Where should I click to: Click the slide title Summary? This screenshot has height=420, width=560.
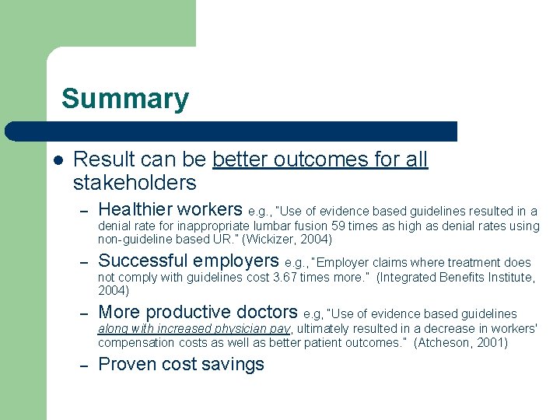(x=124, y=99)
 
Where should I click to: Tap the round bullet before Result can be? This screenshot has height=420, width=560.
(x=57, y=159)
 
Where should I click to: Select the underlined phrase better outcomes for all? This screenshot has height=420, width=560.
(x=320, y=159)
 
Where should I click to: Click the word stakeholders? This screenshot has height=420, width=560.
(x=134, y=183)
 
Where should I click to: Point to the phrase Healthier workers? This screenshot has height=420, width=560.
(x=170, y=209)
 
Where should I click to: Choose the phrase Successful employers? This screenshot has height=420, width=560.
(x=188, y=261)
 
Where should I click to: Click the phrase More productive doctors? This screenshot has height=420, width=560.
(x=198, y=313)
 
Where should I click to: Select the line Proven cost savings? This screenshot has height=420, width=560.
(x=181, y=364)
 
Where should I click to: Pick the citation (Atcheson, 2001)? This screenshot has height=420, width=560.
(x=460, y=342)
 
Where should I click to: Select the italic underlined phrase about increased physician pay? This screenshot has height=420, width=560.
(x=194, y=329)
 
